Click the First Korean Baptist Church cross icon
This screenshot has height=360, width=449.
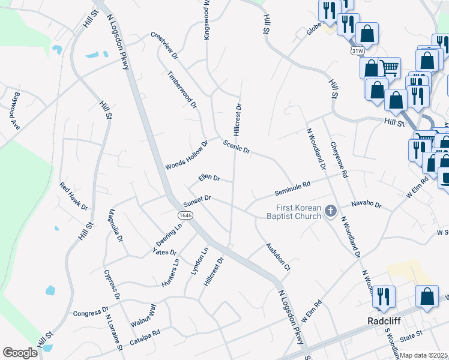[330, 211]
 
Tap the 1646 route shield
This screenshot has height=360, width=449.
[184, 214]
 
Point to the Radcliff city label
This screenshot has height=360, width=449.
[383, 320]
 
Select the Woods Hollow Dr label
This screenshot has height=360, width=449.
[186, 155]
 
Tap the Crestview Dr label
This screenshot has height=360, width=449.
[165, 45]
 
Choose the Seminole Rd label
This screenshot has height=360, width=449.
[292, 189]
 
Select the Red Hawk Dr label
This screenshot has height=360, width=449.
[73, 196]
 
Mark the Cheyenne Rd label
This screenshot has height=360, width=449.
[339, 160]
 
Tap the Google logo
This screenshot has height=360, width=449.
[20, 353]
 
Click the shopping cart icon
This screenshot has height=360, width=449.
[390, 68]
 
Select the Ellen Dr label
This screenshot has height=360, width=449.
[209, 178]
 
